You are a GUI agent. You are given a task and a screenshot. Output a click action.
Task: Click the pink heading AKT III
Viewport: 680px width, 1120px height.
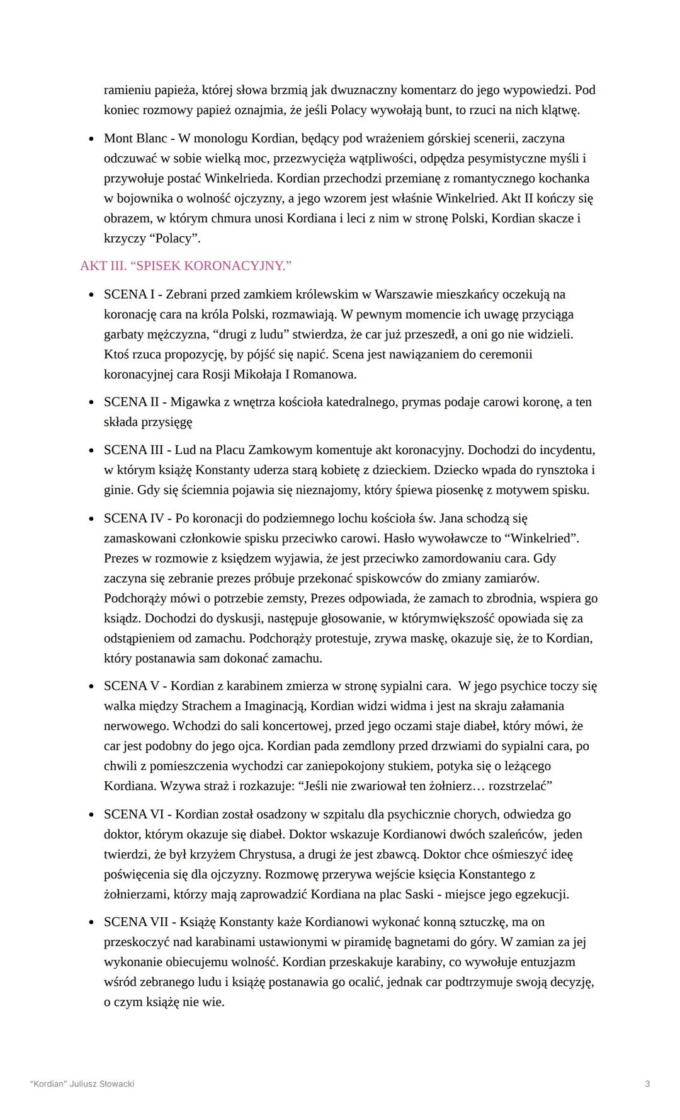tap(103, 266)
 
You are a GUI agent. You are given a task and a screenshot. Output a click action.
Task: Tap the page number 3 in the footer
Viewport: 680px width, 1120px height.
tap(647, 1084)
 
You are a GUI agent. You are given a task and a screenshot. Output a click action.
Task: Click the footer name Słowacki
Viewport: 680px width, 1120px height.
tap(116, 1084)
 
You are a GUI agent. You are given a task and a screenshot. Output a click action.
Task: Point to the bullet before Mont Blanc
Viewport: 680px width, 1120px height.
tap(91, 139)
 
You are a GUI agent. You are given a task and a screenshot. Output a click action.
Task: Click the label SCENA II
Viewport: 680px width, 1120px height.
tap(131, 402)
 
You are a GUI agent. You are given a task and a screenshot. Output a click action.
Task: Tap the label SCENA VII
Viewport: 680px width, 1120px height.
tap(136, 922)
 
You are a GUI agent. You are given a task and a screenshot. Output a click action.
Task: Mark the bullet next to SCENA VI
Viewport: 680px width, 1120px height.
tap(91, 815)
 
